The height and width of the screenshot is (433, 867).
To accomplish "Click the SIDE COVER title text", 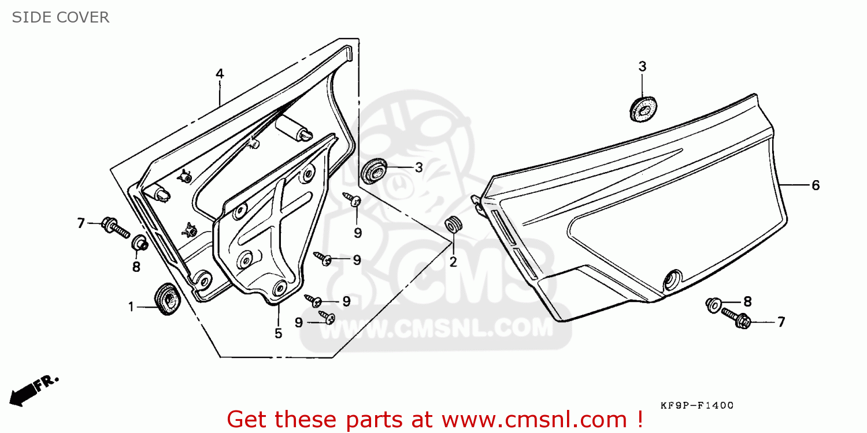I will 61,17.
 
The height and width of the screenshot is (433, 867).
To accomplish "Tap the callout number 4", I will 220,74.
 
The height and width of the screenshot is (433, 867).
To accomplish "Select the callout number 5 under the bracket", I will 278,333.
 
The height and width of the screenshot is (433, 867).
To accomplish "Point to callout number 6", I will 815,185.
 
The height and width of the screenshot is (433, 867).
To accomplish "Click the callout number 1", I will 131,307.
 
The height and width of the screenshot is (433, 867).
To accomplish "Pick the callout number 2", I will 453,262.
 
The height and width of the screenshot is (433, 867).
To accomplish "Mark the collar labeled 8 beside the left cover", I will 139,243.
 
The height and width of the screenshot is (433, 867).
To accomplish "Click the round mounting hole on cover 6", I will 672,279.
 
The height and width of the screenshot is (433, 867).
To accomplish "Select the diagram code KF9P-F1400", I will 697,406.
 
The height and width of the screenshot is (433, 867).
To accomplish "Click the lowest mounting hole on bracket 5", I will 280,287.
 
